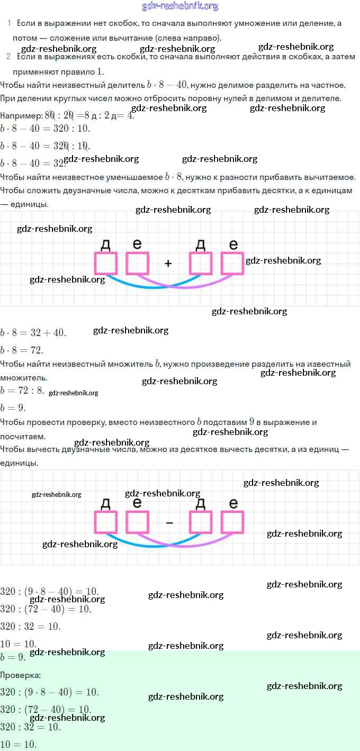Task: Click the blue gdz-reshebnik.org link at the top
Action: pyautogui.click(x=180, y=6)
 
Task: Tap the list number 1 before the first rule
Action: pyautogui.click(x=10, y=23)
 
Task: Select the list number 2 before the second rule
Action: pyautogui.click(x=8, y=57)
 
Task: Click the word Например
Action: pyautogui.click(x=21, y=116)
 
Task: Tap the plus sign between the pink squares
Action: pyautogui.click(x=168, y=263)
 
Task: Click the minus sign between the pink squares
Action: pyautogui.click(x=169, y=523)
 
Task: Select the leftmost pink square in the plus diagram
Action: pyautogui.click(x=105, y=263)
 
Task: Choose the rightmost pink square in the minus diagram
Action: pyautogui.click(x=232, y=522)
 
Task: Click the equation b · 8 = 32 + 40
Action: pyautogui.click(x=33, y=333)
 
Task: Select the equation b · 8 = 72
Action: pyautogui.click(x=22, y=350)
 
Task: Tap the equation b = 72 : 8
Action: pyautogui.click(x=23, y=391)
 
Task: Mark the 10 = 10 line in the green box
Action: pyautogui.click(x=18, y=744)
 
